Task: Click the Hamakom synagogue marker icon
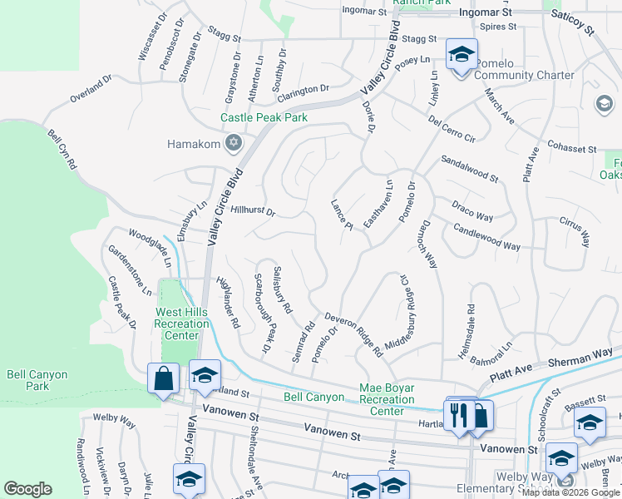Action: [x=234, y=143]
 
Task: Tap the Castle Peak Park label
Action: [x=264, y=117]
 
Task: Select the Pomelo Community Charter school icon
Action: [x=462, y=56]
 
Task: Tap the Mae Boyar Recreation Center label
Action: [x=387, y=399]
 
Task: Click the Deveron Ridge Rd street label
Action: [x=353, y=330]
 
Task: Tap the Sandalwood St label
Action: [x=469, y=168]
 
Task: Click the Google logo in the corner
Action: [x=27, y=489]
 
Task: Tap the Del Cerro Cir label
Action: [x=452, y=130]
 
